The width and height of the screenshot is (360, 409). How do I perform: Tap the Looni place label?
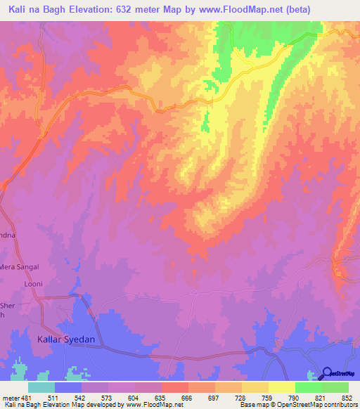pyautogui.click(x=33, y=283)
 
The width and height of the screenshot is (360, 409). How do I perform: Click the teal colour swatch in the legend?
pyautogui.click(x=41, y=387)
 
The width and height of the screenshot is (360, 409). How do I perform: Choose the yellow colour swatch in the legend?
pyautogui.click(x=281, y=387)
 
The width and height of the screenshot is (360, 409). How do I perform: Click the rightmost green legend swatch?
pyautogui.click(x=335, y=387)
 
